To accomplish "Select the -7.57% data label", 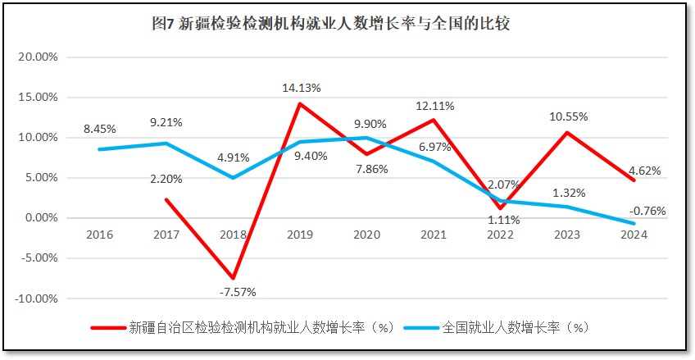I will pyautogui.click(x=233, y=291).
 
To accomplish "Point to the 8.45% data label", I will pyautogui.click(x=99, y=129).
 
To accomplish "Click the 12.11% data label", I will pyautogui.click(x=434, y=106).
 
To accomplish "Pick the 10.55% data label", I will pyautogui.click(x=569, y=116).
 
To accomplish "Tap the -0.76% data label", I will pyautogui.click(x=647, y=211).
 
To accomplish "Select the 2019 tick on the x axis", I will pyautogui.click(x=300, y=235).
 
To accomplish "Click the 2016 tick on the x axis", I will pyautogui.click(x=99, y=235).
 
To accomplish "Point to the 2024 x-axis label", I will pyautogui.click(x=634, y=235).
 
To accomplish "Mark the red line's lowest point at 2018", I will pyautogui.click(x=233, y=278).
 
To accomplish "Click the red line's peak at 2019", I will pyautogui.click(x=300, y=104).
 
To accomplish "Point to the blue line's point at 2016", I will pyautogui.click(x=99, y=149).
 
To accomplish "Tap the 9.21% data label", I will pyautogui.click(x=166, y=122).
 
